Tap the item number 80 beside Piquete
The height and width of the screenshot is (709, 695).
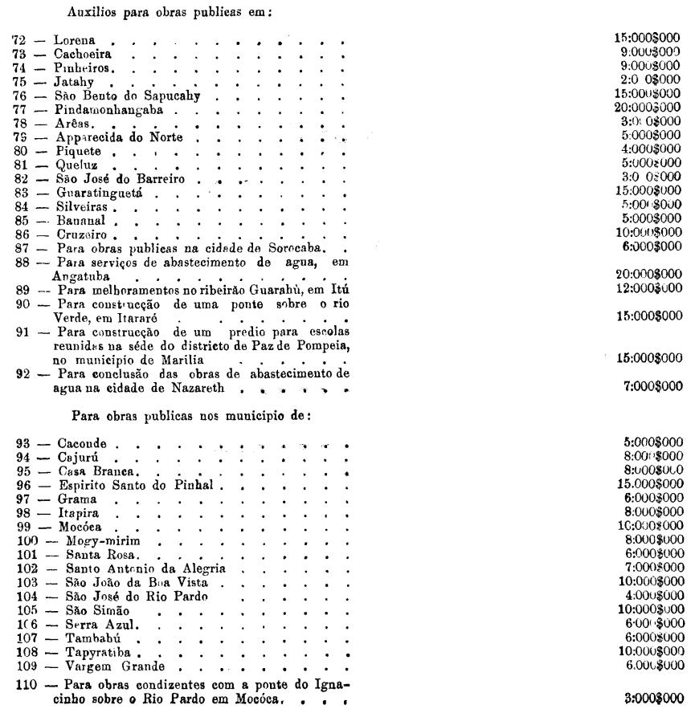click(24, 150)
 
